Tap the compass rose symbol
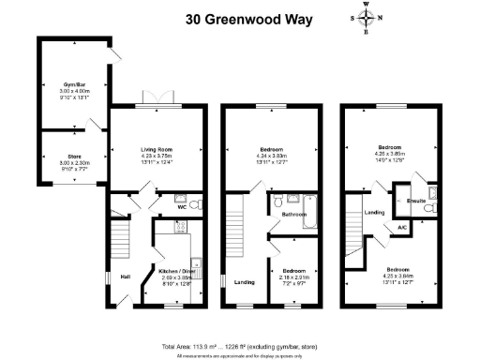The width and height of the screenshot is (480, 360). [x=366, y=18]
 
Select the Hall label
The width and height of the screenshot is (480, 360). [x=125, y=277]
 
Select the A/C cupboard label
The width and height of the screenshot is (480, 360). [x=401, y=228]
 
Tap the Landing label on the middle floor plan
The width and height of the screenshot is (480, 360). [x=245, y=282]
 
